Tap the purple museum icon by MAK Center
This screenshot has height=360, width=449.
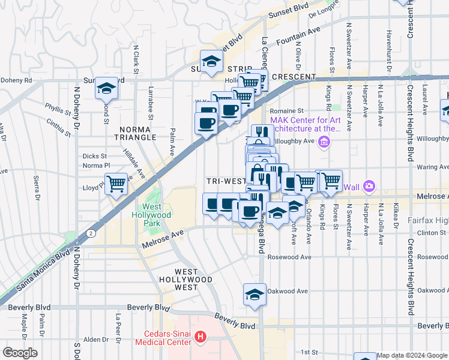click(x=324, y=142)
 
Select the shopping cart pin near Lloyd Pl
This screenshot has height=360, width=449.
click(x=115, y=183)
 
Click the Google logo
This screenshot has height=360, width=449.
click(x=20, y=353)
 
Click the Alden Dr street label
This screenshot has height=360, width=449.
click(x=96, y=340)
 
